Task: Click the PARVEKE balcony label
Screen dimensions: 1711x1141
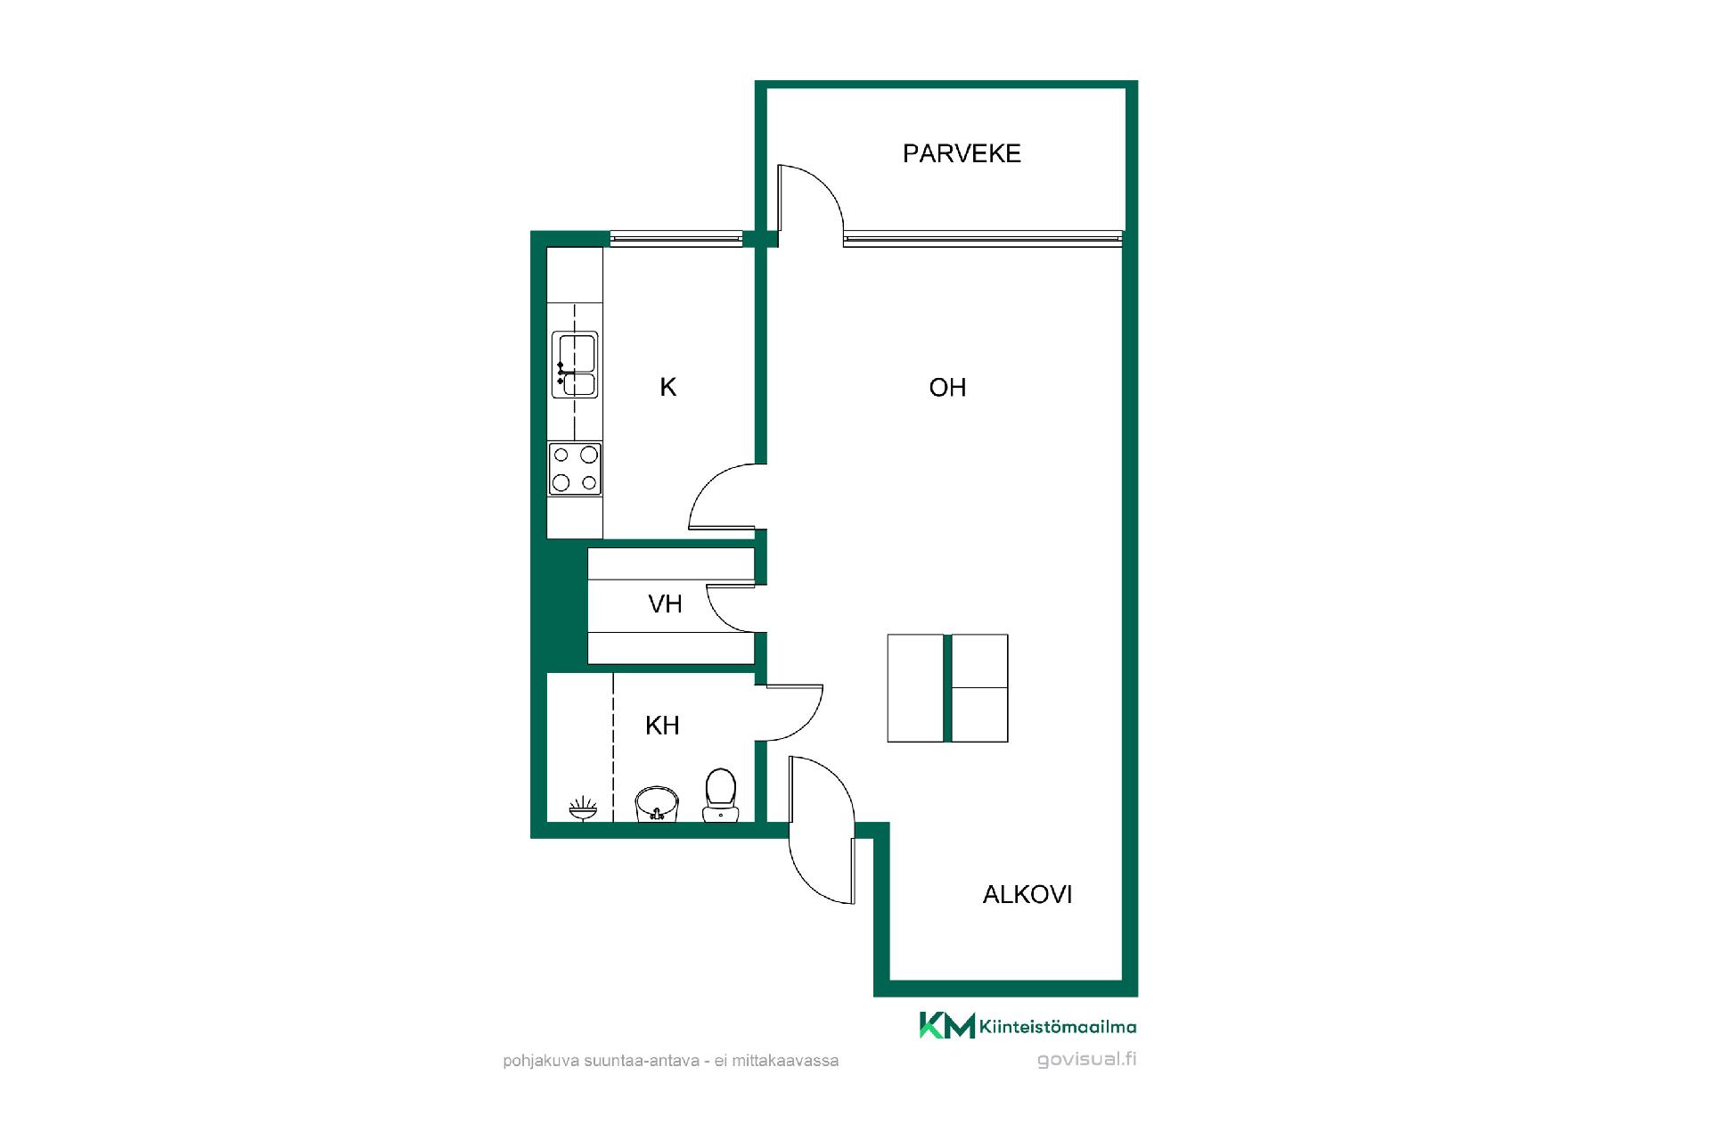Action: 962,153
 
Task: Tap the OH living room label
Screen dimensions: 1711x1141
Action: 947,388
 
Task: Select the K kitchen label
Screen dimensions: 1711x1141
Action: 667,388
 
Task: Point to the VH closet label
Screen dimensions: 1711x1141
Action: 665,604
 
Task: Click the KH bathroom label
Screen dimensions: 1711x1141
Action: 662,726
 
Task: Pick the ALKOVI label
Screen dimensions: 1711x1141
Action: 1027,895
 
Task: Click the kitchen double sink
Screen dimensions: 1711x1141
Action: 575,364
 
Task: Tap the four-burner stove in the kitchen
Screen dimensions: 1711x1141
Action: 575,469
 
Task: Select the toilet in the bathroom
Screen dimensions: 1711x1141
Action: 720,796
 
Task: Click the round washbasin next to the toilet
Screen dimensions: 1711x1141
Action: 657,804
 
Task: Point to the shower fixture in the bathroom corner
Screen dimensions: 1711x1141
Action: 583,809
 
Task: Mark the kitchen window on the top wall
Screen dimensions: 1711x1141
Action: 676,238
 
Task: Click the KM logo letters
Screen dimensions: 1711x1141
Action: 947,1026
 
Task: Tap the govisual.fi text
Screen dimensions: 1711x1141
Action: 1087,1060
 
